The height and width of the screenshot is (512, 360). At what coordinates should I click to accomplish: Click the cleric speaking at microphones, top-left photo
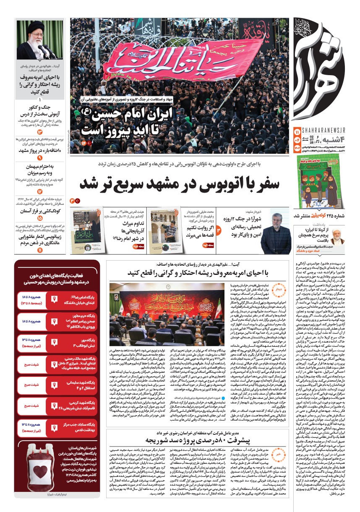coord(39,40)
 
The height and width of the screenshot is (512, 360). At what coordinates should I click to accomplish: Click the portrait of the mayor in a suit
coord(276,233)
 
